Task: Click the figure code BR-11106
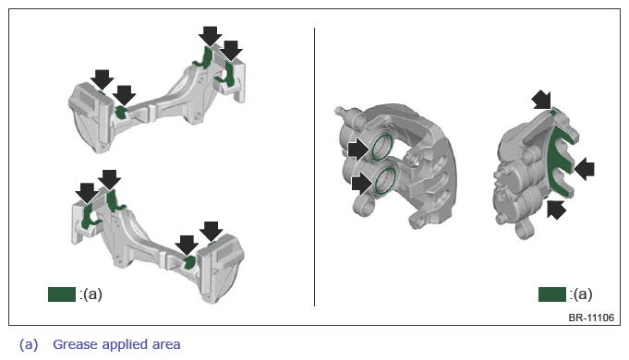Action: pyautogui.click(x=591, y=318)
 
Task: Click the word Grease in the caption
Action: pyautogui.click(x=75, y=344)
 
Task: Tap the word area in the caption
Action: pyautogui.click(x=166, y=344)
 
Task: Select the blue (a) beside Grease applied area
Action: pyautogui.click(x=29, y=344)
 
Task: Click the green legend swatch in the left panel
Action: pyautogui.click(x=62, y=294)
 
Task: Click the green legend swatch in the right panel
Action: pyautogui.click(x=552, y=294)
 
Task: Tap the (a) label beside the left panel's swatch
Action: pyautogui.click(x=92, y=294)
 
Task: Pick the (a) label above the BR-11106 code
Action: pyautogui.click(x=583, y=294)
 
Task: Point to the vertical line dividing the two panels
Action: pyautogui.click(x=314, y=167)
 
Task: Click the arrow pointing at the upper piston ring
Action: pyautogui.click(x=358, y=150)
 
